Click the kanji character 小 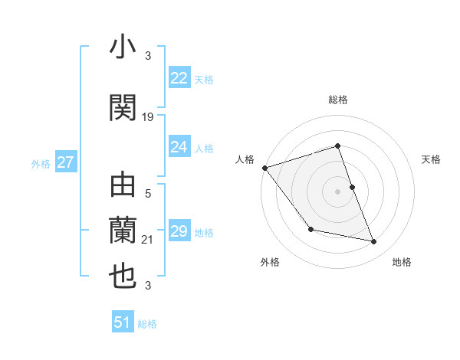point(123,50)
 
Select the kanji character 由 point(123,188)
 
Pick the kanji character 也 point(123,276)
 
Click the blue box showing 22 point(179,78)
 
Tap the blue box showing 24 point(179,147)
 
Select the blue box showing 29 point(179,231)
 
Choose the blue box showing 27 point(65,162)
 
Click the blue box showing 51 point(123,322)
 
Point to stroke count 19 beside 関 point(148,117)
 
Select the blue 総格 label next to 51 point(147,324)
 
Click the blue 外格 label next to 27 point(41,163)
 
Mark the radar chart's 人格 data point point(264,168)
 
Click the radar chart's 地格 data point point(374,242)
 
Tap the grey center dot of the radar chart point(337,191)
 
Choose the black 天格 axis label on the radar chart point(431,159)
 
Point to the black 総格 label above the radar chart point(337,100)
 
